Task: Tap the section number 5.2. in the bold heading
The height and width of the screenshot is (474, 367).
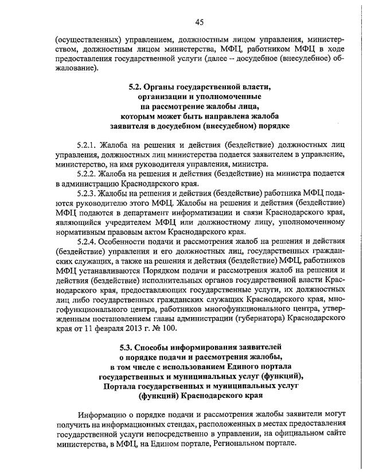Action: click(135, 88)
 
